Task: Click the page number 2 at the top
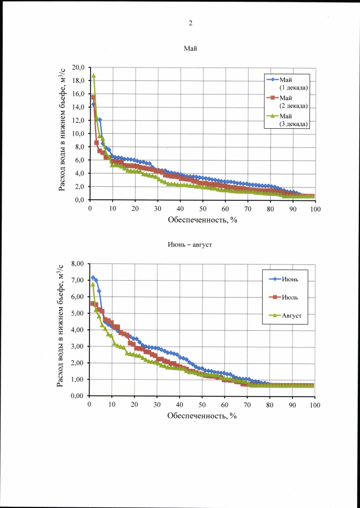[190, 23]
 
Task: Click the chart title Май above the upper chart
[191, 49]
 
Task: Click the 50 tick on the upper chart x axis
[202, 208]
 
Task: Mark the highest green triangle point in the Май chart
[94, 75]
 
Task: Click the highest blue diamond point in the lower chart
[93, 278]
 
